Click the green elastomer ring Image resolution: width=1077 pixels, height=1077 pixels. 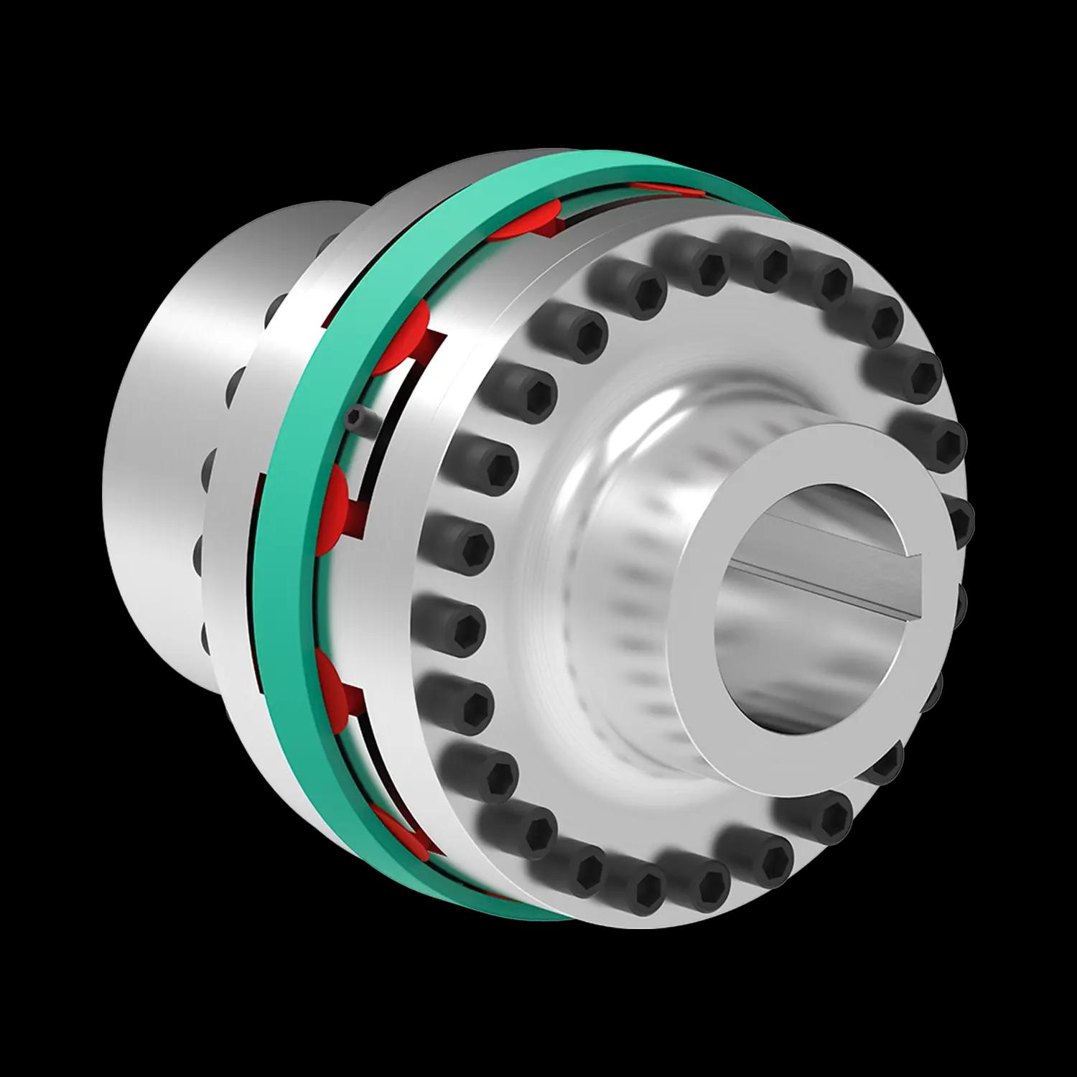point(287,574)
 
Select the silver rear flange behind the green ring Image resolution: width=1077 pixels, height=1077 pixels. point(237,538)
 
